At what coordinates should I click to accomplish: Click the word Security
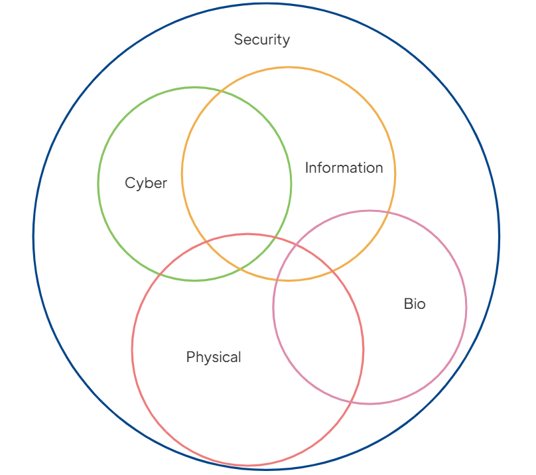click(262, 40)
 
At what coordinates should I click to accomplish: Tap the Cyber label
click(146, 183)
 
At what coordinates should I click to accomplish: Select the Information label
click(344, 167)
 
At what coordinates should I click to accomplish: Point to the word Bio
click(415, 304)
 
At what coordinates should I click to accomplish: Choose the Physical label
click(214, 357)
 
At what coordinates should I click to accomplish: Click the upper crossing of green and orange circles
click(221, 92)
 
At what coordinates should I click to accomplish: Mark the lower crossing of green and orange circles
click(241, 268)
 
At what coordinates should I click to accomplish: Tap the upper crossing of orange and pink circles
click(388, 213)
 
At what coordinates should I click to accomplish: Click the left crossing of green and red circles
click(160, 274)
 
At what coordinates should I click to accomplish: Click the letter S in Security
click(238, 39)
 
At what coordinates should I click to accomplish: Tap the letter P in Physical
click(190, 357)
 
